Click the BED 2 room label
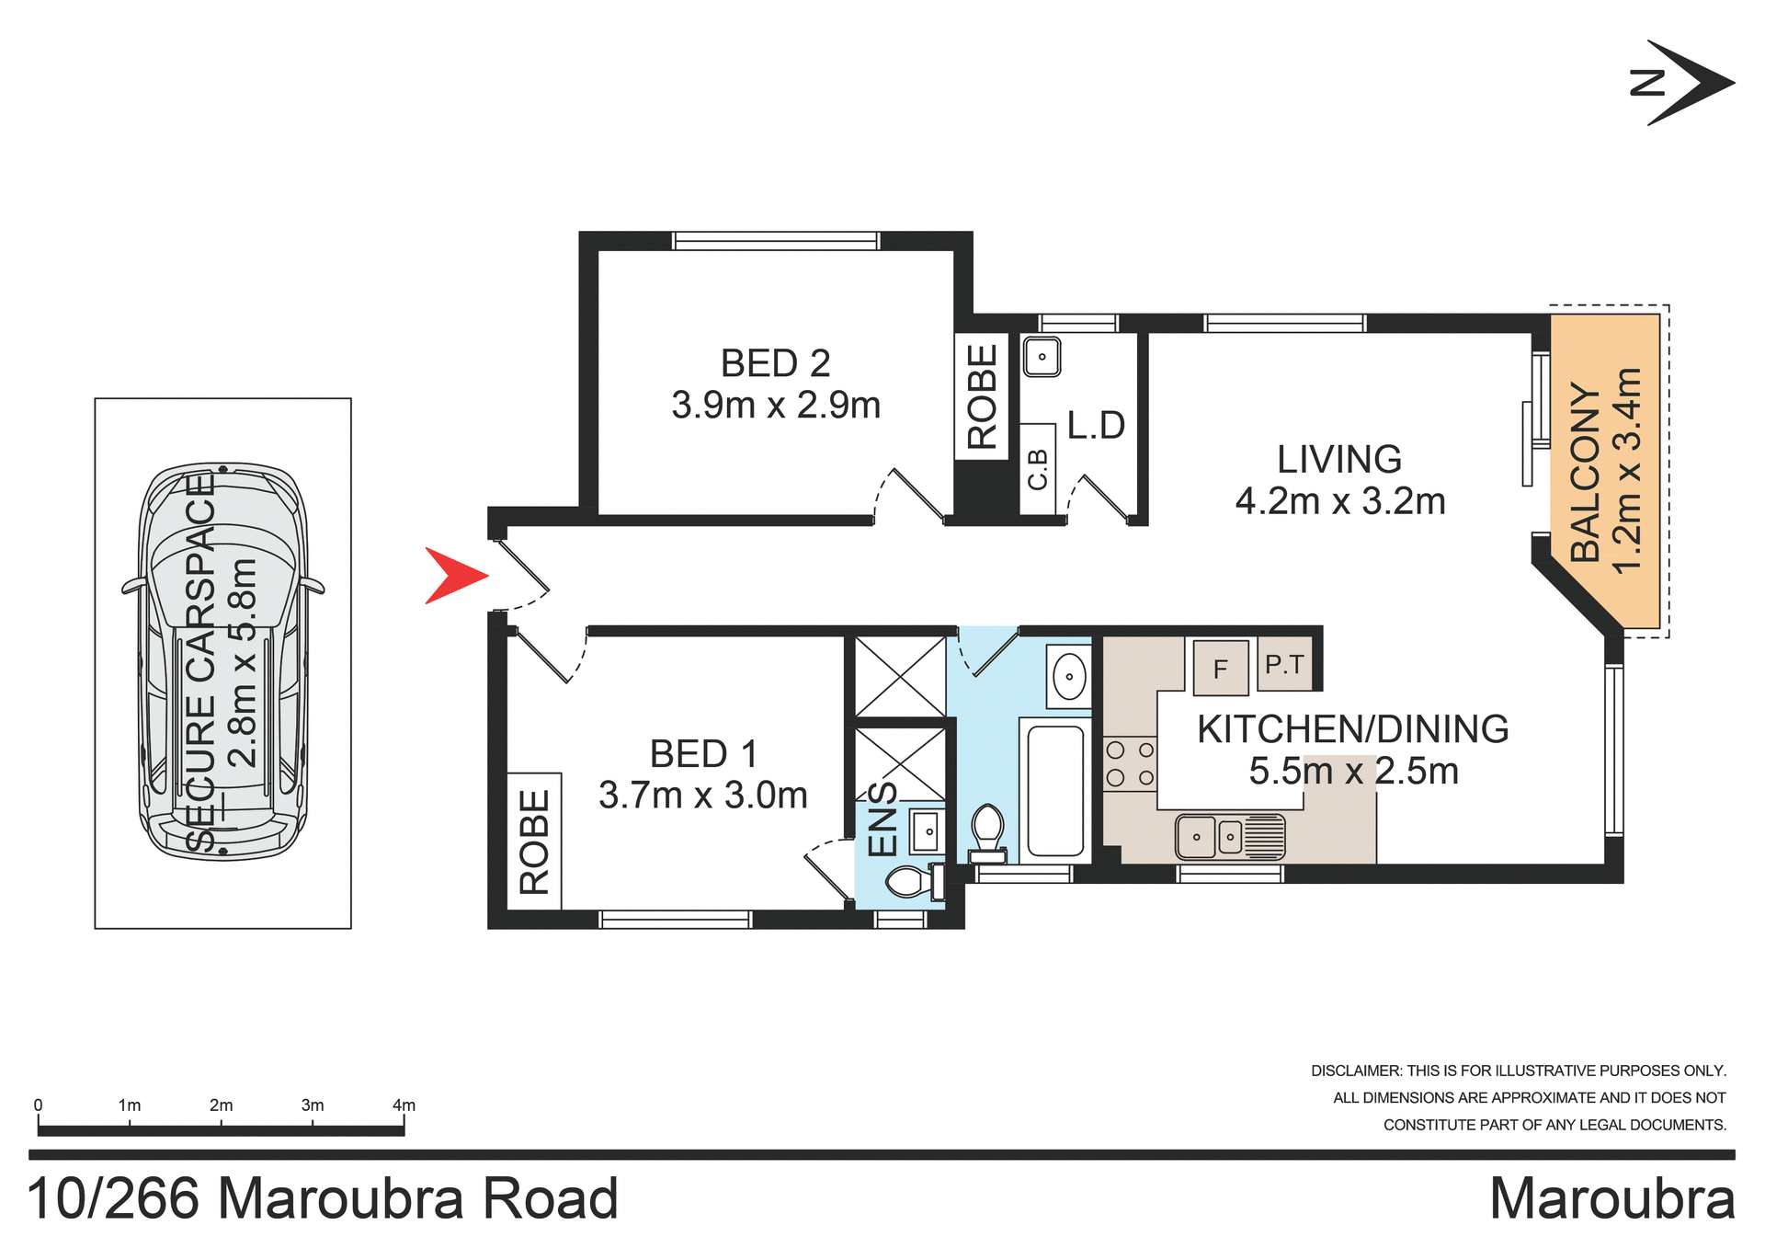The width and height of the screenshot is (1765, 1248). point(775,363)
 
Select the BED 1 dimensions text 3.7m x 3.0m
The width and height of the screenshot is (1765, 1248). point(702,795)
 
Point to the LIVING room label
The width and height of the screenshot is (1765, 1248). point(1338,459)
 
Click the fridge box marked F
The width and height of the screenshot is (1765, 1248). point(1220,668)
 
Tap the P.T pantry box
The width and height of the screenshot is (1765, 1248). point(1284,663)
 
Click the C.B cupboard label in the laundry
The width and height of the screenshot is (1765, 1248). point(1037,469)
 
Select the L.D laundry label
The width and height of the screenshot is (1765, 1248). point(1096,425)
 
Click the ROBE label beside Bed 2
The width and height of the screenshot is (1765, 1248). point(982,395)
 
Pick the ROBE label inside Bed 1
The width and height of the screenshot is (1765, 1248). point(534,842)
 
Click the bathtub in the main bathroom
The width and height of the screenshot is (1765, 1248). point(1054,791)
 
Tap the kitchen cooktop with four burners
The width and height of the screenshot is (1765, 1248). point(1130,763)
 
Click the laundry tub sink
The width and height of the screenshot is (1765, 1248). point(1042,357)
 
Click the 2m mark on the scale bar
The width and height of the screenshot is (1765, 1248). point(221,1105)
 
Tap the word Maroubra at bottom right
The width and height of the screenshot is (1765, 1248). point(1611,1198)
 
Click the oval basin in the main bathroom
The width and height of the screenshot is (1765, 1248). point(1069,677)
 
